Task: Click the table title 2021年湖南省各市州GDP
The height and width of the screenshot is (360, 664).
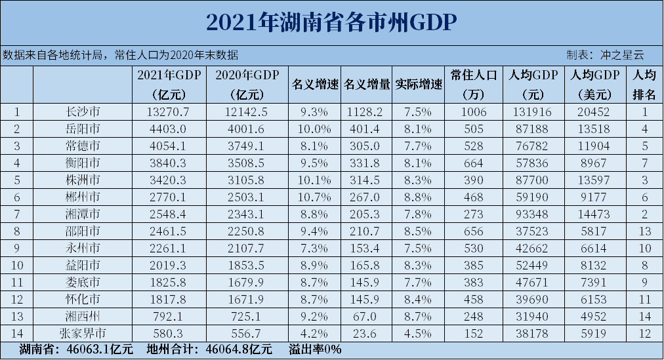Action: [x=331, y=22]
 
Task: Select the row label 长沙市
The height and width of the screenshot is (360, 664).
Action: [x=83, y=112]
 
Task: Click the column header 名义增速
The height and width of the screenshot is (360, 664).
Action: [x=314, y=85]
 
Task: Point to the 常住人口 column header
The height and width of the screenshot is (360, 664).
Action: [x=473, y=75]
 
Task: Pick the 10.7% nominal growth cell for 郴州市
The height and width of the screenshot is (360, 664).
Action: [x=314, y=196]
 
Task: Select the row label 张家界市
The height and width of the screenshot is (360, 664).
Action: [x=83, y=333]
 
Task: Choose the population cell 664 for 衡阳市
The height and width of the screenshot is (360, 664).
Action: [x=473, y=163]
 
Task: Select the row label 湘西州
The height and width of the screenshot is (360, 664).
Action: [x=83, y=316]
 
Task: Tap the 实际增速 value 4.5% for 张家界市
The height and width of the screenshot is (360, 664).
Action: [x=419, y=333]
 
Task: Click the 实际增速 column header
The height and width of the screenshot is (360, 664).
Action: [x=419, y=85]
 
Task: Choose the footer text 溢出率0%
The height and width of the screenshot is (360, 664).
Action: [x=315, y=350]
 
